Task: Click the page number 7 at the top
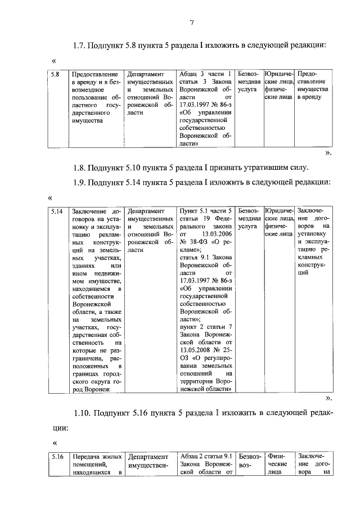point(191,22)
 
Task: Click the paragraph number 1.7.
point(80,45)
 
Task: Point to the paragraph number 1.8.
point(80,167)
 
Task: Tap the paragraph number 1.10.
point(82,415)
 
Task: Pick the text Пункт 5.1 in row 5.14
point(195,211)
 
